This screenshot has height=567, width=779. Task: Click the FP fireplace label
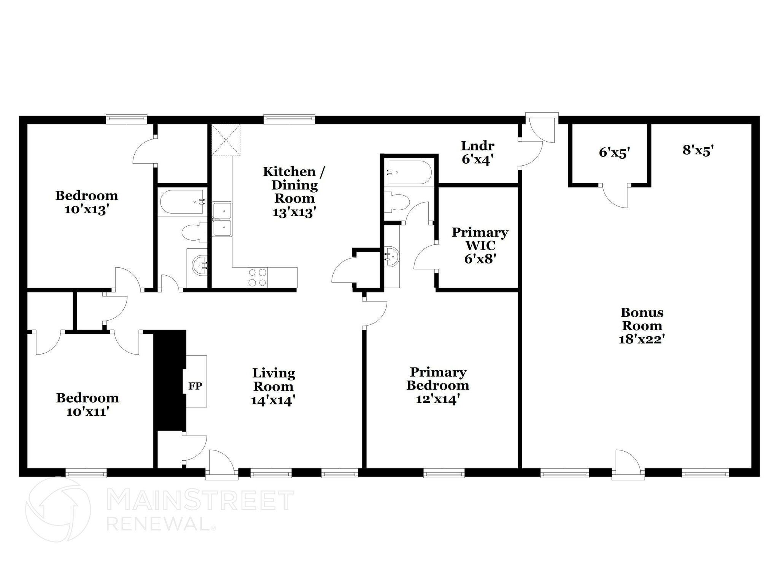tap(195, 386)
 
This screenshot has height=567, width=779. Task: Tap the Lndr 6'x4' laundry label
tap(478, 152)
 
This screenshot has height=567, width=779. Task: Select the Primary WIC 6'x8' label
tap(480, 246)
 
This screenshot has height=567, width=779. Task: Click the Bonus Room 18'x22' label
tap(642, 326)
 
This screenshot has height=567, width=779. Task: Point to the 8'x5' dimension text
tap(698, 150)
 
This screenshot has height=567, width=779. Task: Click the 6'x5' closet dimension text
tap(614, 153)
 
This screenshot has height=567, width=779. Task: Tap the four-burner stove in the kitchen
tap(257, 278)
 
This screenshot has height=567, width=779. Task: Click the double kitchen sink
tap(222, 219)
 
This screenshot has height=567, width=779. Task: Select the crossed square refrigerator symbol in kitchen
tap(226, 140)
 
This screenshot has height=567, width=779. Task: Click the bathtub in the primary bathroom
tap(410, 172)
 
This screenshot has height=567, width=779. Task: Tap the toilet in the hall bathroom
tap(194, 233)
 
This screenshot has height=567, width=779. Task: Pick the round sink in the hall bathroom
tap(199, 263)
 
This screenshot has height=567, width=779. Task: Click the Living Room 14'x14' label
tap(273, 387)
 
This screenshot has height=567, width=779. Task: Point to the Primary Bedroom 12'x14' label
tap(438, 385)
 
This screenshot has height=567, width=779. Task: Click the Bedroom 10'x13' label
tap(87, 202)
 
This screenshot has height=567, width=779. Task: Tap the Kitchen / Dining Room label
tap(294, 192)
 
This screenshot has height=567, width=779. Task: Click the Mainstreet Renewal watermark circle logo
tap(58, 510)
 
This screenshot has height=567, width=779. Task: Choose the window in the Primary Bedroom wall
tap(444, 473)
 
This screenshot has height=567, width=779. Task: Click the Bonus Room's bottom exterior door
tap(628, 465)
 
